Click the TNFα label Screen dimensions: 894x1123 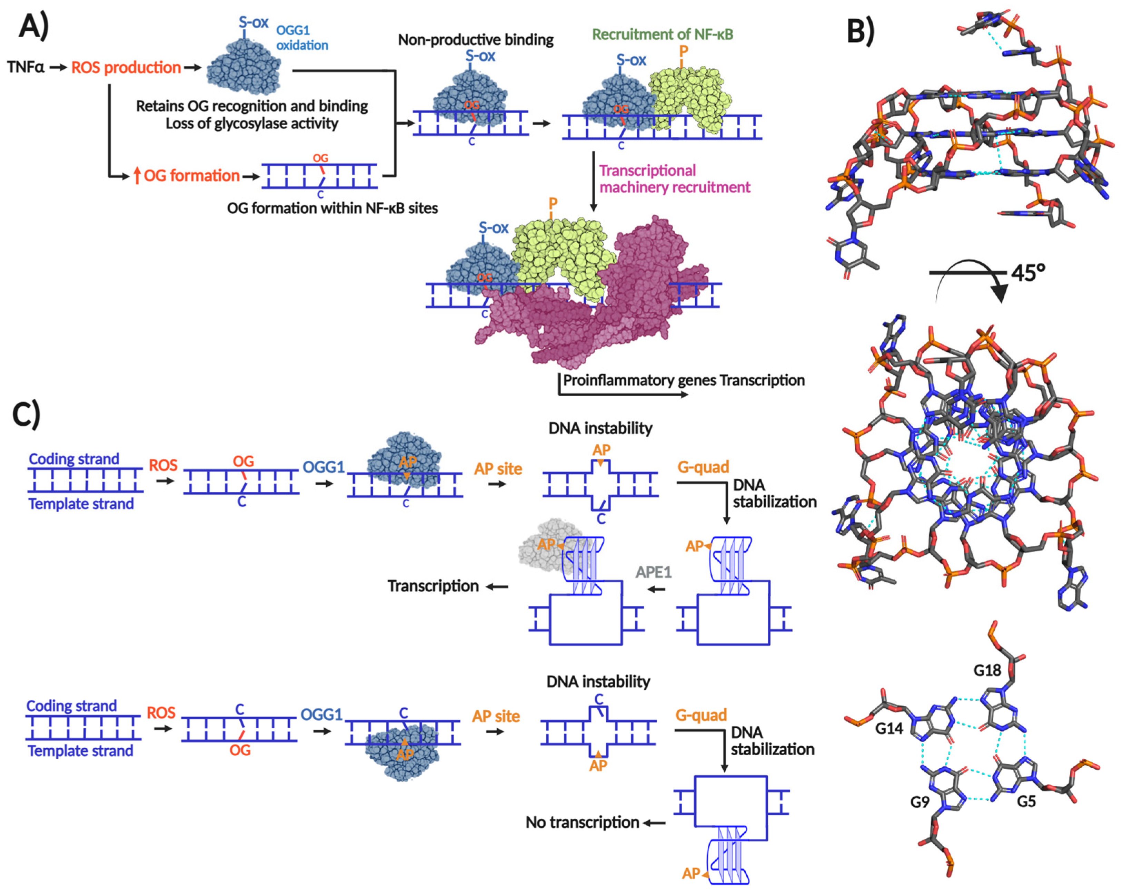click(26, 67)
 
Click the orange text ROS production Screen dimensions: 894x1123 click(126, 68)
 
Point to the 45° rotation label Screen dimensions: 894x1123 click(1028, 272)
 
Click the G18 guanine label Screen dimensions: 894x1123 click(987, 670)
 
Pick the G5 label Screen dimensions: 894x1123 click(1026, 801)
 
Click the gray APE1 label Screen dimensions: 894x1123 click(653, 572)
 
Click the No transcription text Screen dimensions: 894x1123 click(582, 822)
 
